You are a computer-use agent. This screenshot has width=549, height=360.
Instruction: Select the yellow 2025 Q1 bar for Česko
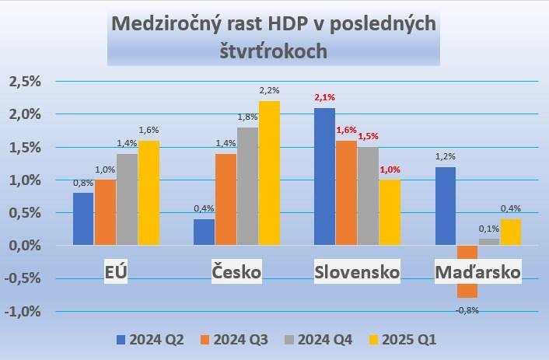coord(269,173)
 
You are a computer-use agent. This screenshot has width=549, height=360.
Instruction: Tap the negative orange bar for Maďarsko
coord(467,271)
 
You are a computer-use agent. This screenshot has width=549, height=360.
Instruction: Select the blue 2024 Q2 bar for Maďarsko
coord(445,206)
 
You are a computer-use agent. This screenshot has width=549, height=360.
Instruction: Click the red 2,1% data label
coord(324,98)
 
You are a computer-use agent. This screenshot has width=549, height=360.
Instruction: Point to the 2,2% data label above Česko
coord(269,91)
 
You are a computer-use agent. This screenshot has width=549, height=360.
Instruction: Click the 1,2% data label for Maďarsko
coord(445,156)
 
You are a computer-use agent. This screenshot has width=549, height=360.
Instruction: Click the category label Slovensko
coord(357,272)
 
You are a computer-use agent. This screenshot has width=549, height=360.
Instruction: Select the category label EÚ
coord(117,272)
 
